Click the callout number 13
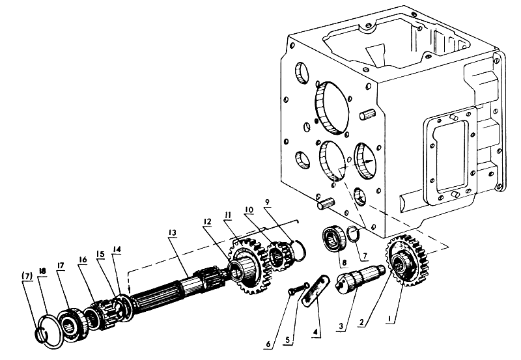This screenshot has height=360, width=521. (x=173, y=232)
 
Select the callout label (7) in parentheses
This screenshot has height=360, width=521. (x=27, y=275)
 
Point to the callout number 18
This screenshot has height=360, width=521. (x=42, y=271)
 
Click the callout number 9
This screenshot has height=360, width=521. (x=268, y=202)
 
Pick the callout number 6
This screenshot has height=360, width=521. (x=268, y=344)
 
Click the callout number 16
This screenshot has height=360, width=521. (x=83, y=259)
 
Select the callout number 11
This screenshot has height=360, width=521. (x=227, y=215)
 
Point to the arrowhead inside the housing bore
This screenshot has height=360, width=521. (x=368, y=161)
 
